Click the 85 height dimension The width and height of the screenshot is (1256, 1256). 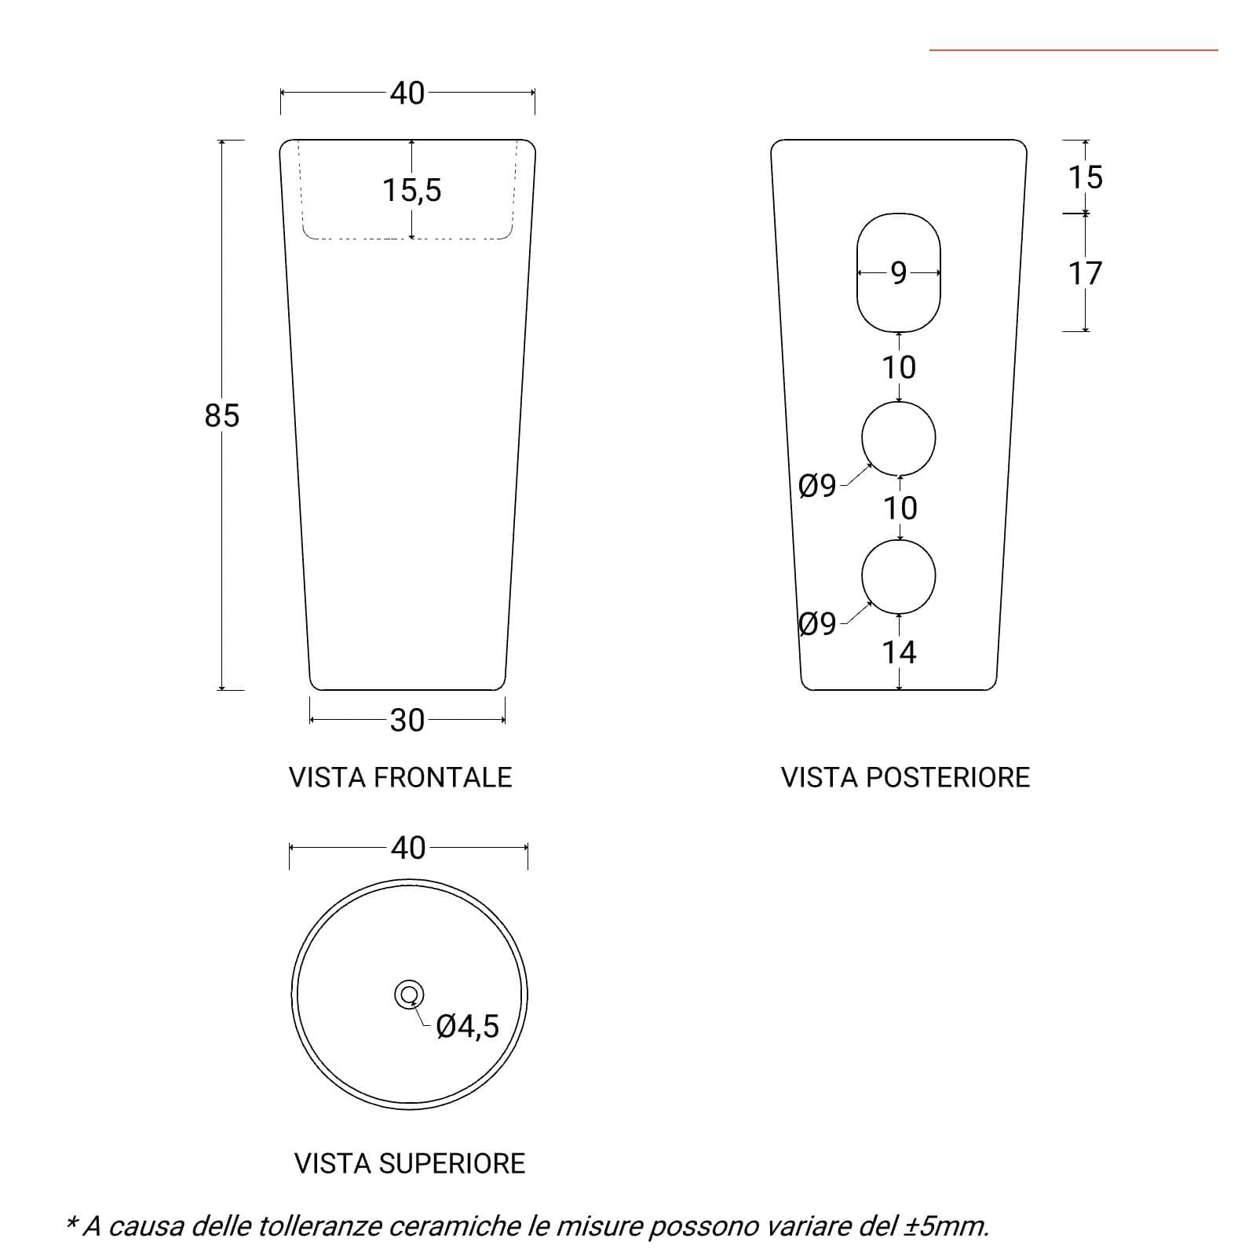click(x=221, y=415)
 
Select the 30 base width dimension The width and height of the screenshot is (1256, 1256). click(x=407, y=720)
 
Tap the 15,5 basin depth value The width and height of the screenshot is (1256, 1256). click(x=412, y=190)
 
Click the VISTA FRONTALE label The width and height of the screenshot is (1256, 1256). click(x=400, y=777)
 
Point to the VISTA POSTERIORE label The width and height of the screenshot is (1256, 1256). click(x=905, y=777)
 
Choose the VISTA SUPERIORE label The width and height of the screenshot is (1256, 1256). click(x=410, y=1163)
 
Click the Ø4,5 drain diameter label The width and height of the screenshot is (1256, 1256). click(x=467, y=1026)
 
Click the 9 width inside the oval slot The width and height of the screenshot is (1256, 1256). click(x=899, y=273)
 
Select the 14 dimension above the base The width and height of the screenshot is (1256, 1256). click(x=899, y=652)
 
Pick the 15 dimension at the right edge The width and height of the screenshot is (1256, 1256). click(x=1086, y=177)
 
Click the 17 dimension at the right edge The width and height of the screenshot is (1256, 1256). click(x=1086, y=274)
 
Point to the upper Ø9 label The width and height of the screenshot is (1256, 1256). click(x=817, y=487)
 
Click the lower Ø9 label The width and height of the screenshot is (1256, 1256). click(x=817, y=625)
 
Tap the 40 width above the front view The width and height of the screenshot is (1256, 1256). click(x=407, y=93)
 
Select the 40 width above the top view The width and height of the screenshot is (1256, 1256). click(x=408, y=848)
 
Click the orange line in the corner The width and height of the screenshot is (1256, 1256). click(x=1074, y=50)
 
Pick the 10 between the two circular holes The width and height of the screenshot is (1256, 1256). click(x=900, y=509)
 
